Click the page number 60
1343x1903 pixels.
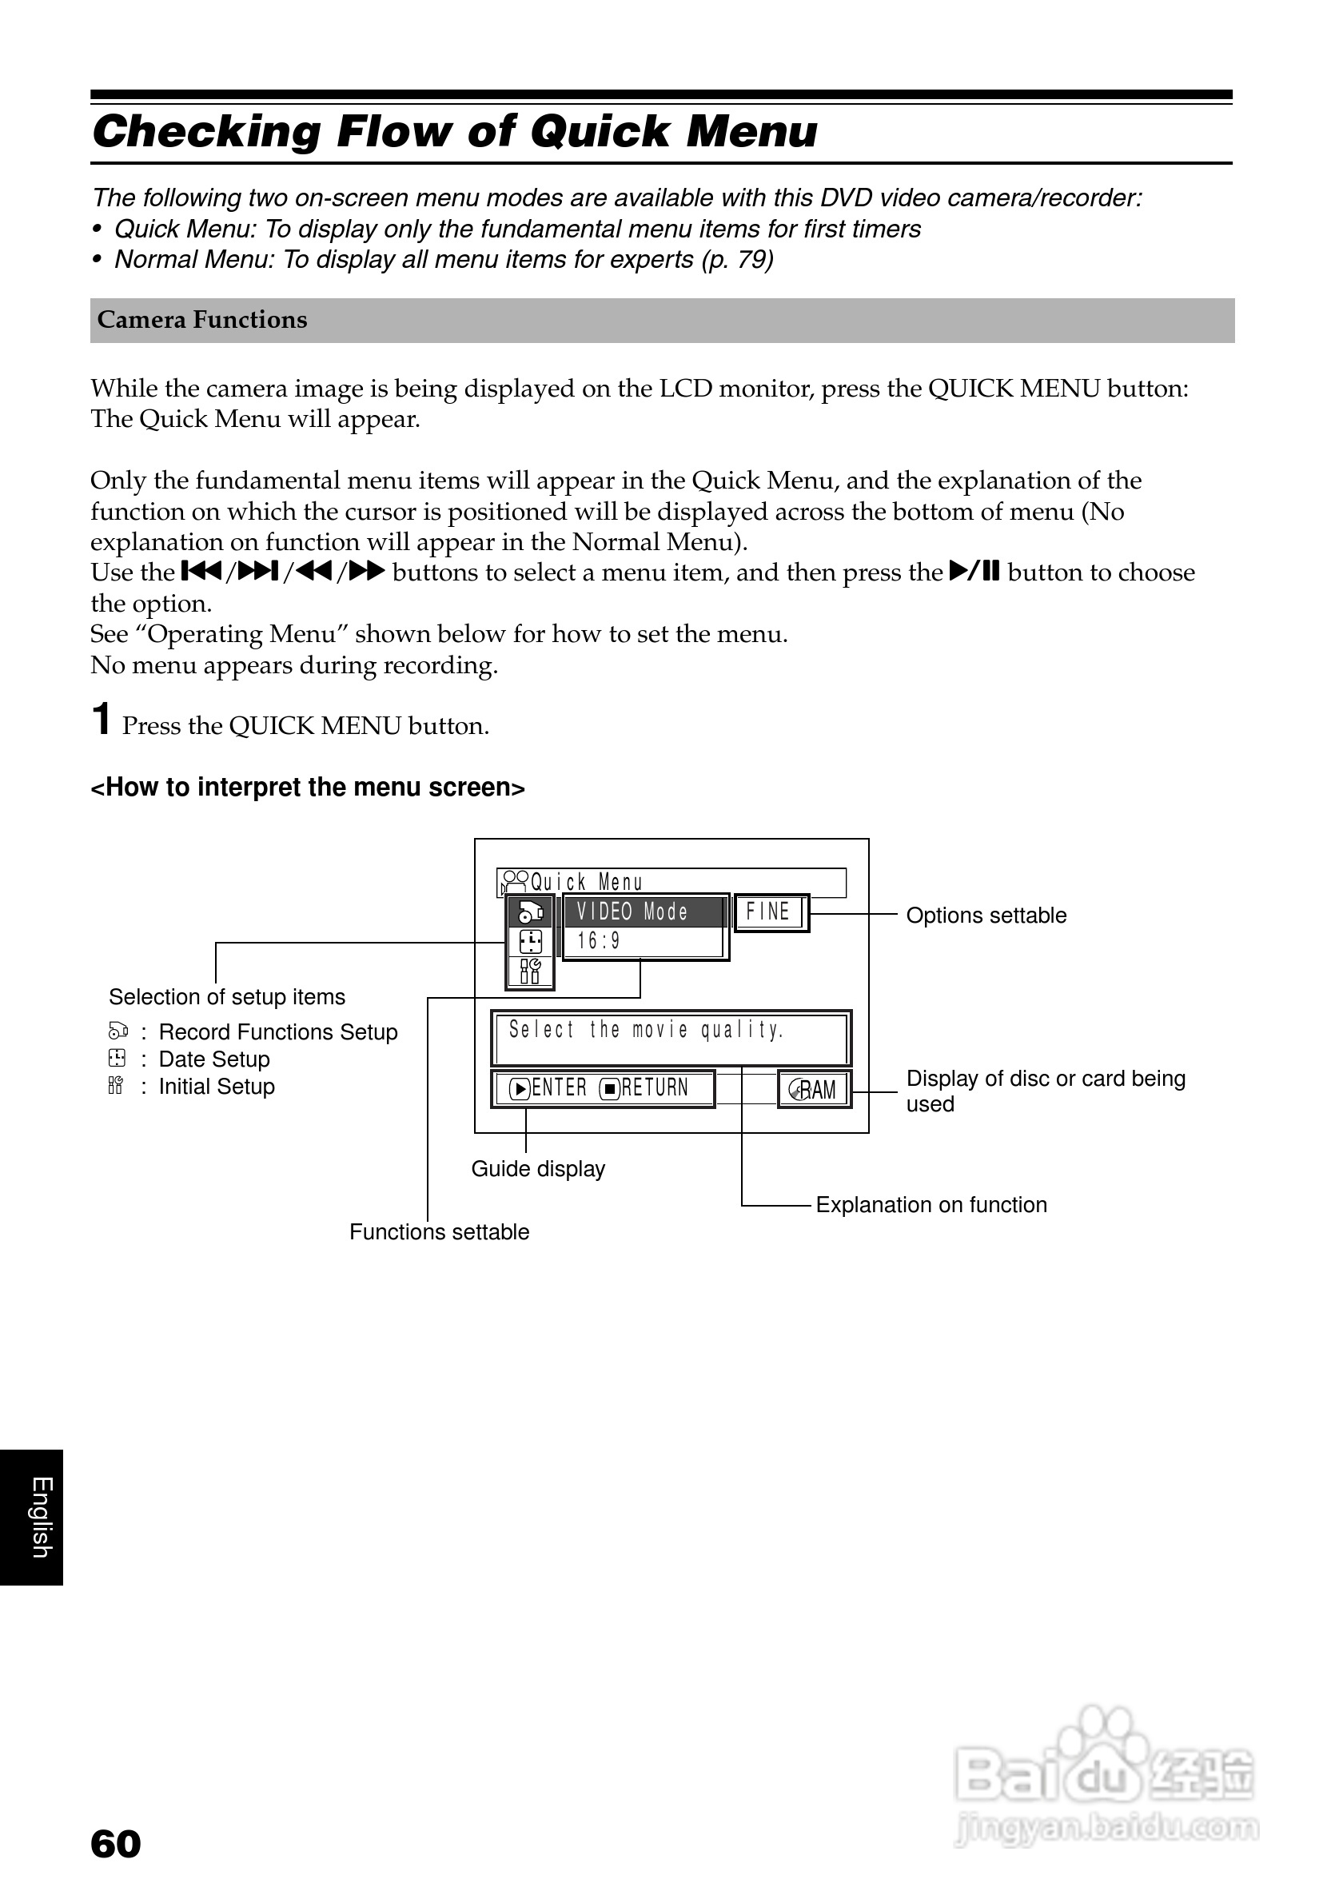(x=115, y=1844)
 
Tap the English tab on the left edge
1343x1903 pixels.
(x=41, y=1517)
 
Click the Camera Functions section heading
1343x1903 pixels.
(x=202, y=320)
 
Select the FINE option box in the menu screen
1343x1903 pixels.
(x=771, y=912)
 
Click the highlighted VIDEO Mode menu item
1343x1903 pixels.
(x=633, y=912)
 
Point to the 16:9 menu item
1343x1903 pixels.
(x=599, y=942)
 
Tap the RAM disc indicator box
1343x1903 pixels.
(x=815, y=1089)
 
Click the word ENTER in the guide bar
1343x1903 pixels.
(x=559, y=1088)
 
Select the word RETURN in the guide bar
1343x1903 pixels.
(x=655, y=1088)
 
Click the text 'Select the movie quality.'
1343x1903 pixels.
(x=646, y=1030)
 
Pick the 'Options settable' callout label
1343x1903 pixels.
(x=986, y=916)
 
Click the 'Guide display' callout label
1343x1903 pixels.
(x=538, y=1169)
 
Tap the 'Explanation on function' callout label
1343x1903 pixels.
(x=931, y=1205)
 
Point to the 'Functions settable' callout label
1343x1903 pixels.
(x=439, y=1232)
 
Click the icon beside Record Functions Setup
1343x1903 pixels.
(x=118, y=1031)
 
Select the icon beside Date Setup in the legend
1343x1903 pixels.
(x=117, y=1059)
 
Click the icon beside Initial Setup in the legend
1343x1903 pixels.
(x=116, y=1086)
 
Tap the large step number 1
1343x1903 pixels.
(x=101, y=719)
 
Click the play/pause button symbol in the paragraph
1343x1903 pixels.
(x=974, y=572)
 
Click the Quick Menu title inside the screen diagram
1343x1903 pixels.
(x=587, y=883)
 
